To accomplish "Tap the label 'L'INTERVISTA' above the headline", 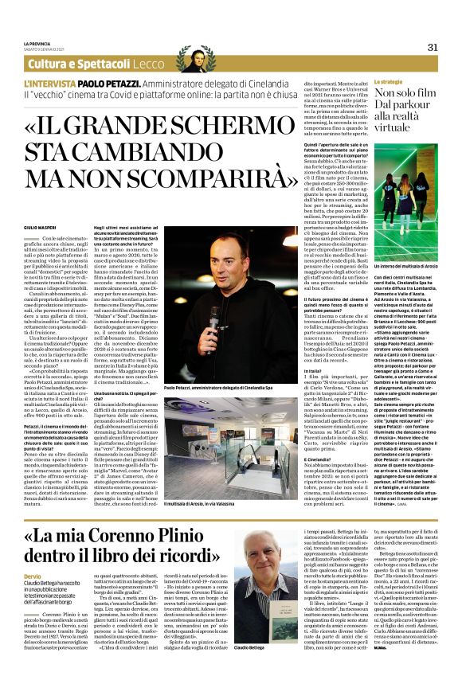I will tap(51, 83).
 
